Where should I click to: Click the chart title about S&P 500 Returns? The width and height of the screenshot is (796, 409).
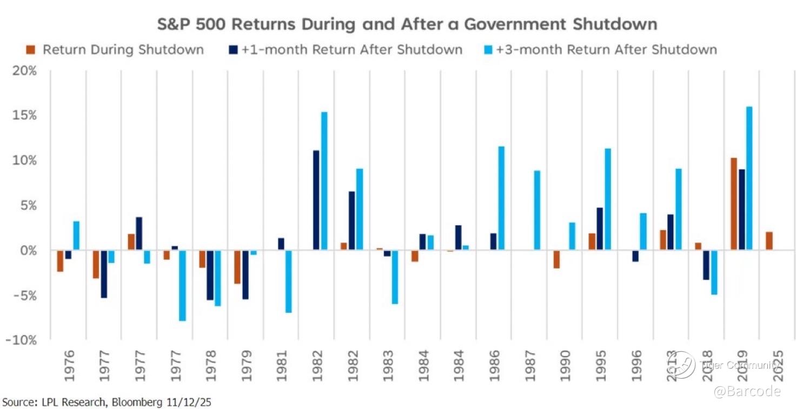(x=406, y=24)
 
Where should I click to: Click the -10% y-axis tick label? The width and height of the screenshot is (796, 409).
(x=22, y=340)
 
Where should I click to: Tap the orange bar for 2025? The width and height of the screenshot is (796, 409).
(x=769, y=241)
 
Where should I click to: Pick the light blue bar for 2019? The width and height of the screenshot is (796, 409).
(x=749, y=178)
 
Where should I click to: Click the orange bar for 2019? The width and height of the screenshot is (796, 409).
(x=734, y=204)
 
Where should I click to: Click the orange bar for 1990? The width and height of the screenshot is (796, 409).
(x=556, y=259)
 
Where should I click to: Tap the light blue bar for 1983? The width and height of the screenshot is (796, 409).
(x=395, y=277)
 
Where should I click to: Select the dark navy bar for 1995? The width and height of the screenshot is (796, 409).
(x=600, y=229)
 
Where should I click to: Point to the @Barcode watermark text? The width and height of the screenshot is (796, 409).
(x=747, y=391)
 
